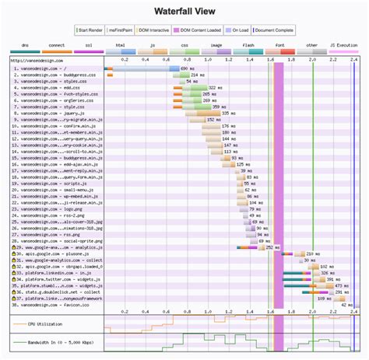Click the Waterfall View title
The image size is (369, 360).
click(x=184, y=12)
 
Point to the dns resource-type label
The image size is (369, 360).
click(x=24, y=46)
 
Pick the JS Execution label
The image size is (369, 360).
click(x=344, y=46)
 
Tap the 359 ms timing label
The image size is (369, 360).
click(x=220, y=107)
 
